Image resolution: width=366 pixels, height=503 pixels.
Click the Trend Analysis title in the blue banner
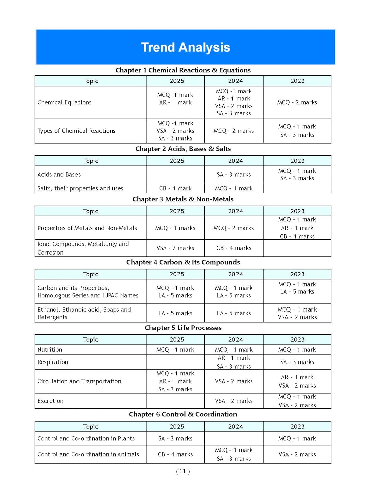coord(186,47)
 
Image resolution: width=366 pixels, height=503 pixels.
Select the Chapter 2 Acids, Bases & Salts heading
coord(183,149)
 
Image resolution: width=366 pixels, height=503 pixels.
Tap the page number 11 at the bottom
coord(183,471)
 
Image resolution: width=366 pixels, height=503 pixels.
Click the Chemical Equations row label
coord(64,102)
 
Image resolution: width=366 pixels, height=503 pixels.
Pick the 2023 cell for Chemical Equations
coord(297,102)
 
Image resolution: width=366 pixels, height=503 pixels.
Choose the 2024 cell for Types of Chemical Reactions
coord(233,131)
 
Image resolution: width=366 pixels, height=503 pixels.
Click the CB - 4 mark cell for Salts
coord(175,188)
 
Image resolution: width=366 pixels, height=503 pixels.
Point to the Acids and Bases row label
coord(59,174)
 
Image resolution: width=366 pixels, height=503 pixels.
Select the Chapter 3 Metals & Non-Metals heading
coord(183,199)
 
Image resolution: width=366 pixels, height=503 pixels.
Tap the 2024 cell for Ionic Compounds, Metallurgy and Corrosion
coord(233,248)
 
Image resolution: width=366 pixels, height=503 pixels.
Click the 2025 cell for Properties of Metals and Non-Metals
coord(175,228)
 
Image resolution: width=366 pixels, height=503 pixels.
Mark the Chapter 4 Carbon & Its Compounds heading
coord(183,262)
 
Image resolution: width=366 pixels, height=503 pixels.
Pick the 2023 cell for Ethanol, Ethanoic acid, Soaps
coord(297,313)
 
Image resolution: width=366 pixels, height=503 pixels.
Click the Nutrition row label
coord(50,350)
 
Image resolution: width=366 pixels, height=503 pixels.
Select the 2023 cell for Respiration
coord(297,362)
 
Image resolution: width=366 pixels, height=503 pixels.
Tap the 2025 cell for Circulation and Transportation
coord(175,381)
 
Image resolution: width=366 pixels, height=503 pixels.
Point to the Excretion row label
coord(50,401)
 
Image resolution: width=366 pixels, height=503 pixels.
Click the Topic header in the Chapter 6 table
coord(90,426)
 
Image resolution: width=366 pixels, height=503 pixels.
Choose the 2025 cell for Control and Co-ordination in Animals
coord(175,454)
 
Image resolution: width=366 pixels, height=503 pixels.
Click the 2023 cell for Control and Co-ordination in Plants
coord(297,438)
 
